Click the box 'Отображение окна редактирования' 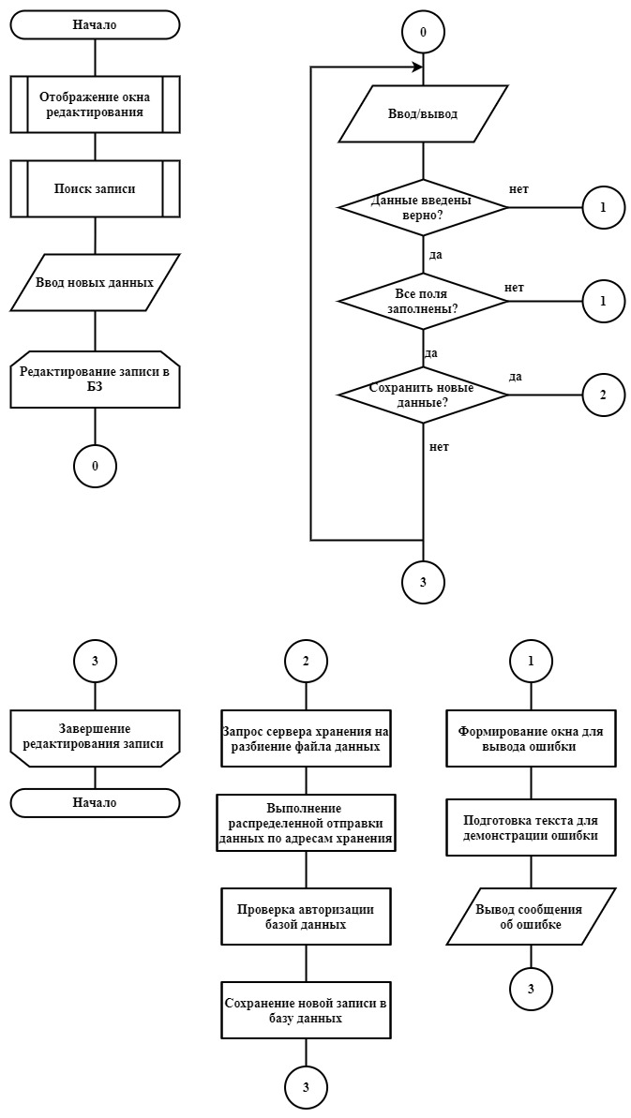point(95,104)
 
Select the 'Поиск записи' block point(95,188)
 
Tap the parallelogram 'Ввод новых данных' point(95,282)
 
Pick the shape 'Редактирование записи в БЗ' point(95,380)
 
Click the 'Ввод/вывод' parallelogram point(423,114)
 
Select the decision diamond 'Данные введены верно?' point(423,207)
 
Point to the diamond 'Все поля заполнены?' point(423,301)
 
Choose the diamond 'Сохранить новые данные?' point(423,395)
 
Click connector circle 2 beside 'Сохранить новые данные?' point(603,395)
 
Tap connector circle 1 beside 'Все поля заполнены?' point(603,301)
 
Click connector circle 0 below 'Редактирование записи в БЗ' point(95,466)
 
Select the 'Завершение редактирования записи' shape point(95,738)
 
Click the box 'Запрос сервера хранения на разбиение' point(306,738)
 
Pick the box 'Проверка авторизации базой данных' point(306,917)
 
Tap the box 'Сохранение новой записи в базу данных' point(306,1009)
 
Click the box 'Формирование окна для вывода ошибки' point(531,738)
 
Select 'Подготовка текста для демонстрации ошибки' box point(531,827)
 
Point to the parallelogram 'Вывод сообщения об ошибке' point(531,917)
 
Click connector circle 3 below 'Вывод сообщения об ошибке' point(531,989)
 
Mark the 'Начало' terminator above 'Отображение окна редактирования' point(95,25)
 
